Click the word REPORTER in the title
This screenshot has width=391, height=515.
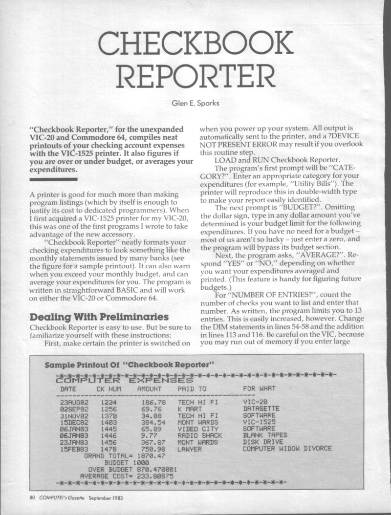tap(195, 78)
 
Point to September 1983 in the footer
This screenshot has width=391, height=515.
tap(113, 499)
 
